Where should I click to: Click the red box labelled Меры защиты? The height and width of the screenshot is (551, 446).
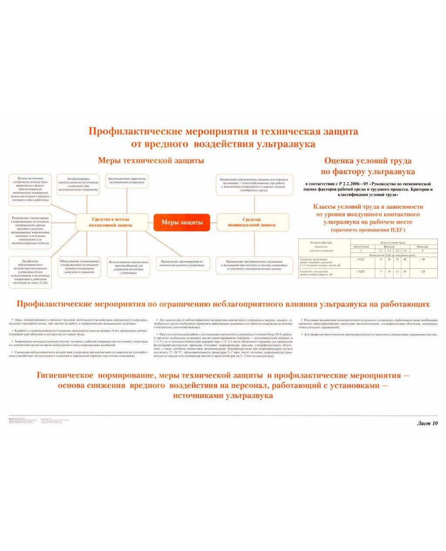coord(182,223)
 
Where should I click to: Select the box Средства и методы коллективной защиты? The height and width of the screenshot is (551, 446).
coord(111,223)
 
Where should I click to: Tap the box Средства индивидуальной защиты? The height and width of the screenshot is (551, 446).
coord(252,222)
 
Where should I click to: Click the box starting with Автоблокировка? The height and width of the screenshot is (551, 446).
coord(78,184)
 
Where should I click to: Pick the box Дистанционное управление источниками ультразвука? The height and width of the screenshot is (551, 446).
coord(127,181)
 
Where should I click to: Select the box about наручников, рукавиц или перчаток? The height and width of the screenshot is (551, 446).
coord(253,185)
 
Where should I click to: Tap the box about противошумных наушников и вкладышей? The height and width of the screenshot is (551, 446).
coord(254,265)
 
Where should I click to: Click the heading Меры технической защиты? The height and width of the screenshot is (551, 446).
coord(151,161)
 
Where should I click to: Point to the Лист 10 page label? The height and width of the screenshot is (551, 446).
coord(427,423)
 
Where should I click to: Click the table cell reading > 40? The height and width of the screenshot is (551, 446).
coord(422,260)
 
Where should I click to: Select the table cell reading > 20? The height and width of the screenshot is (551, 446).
coord(422,271)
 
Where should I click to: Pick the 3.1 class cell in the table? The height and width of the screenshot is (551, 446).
coord(381,251)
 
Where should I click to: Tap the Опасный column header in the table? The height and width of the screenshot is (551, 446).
coord(422,247)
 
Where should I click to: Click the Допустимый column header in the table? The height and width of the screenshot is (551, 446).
coord(361,247)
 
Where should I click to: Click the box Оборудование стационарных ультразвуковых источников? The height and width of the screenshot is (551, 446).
coord(79,267)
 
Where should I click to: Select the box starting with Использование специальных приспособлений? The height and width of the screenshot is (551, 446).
coord(128,267)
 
